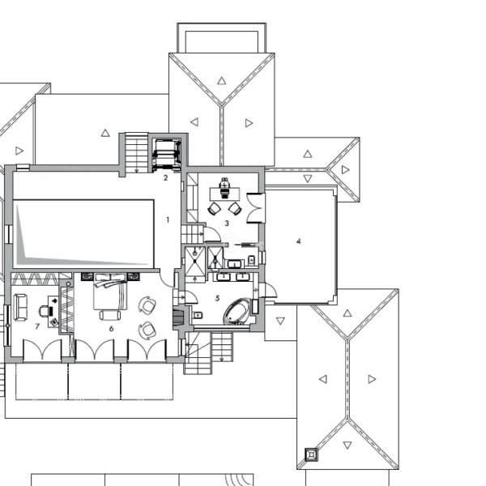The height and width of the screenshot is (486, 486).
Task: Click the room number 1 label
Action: tap(168, 220)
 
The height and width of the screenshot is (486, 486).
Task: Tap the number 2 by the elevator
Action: tap(165, 177)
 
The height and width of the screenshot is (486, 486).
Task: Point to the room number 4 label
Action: tap(298, 241)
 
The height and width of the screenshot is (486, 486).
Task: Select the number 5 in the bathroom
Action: tap(217, 298)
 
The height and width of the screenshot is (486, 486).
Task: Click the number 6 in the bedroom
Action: tap(111, 328)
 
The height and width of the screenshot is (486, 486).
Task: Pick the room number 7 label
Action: tap(37, 326)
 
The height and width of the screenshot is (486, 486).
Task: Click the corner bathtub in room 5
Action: tap(237, 312)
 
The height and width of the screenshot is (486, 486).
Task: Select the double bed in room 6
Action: tap(110, 292)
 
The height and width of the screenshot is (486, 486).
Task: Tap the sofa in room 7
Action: tap(20, 307)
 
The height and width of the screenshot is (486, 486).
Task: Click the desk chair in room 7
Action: tap(44, 311)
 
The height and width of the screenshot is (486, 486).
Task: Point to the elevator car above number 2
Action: tap(167, 154)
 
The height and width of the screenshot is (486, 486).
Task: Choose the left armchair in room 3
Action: tap(214, 209)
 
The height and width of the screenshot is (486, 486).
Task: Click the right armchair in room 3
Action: tap(235, 208)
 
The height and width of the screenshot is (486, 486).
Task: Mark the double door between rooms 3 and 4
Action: tap(256, 207)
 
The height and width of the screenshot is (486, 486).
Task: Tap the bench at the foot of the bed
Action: tap(110, 315)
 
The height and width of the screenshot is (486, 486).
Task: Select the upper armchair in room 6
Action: tap(147, 305)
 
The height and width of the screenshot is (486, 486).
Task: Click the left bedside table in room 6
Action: tap(87, 276)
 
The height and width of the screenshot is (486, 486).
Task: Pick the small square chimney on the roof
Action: tap(311, 454)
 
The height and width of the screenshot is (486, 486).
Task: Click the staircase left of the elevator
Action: tap(137, 152)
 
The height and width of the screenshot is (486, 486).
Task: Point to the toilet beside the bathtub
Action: tap(198, 316)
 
